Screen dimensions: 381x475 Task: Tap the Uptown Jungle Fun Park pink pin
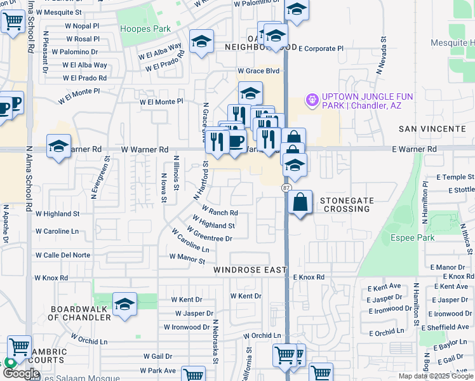(312, 100)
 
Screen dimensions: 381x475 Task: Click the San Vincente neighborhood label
(432, 129)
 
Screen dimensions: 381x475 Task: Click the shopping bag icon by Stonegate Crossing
(300, 203)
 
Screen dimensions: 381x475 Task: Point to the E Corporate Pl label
(321, 48)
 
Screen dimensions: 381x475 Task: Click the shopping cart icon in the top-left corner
(12, 21)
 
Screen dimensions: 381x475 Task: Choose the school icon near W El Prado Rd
(201, 43)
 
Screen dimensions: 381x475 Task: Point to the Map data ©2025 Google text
(435, 376)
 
